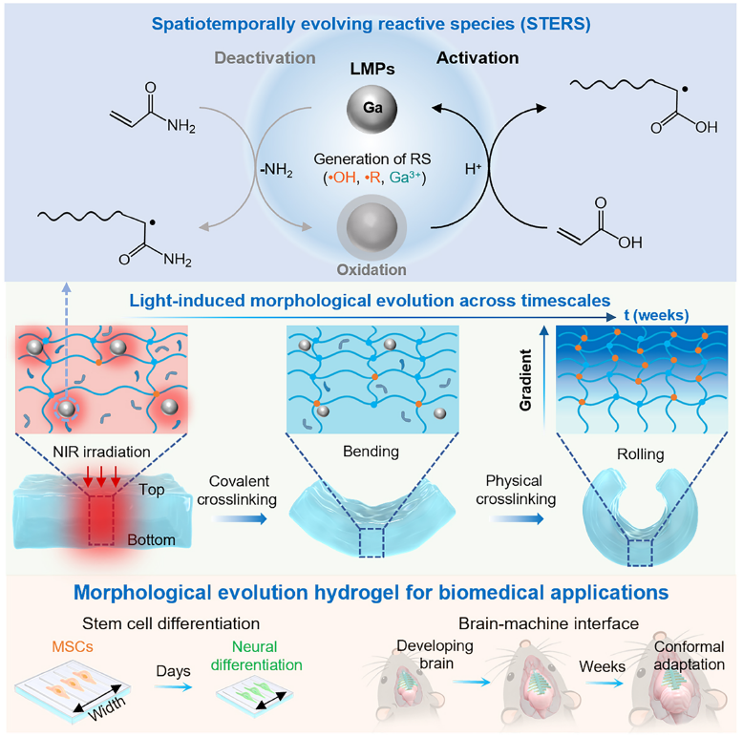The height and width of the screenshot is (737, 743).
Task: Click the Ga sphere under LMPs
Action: pyautogui.click(x=371, y=109)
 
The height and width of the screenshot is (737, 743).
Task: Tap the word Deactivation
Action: pyautogui.click(x=265, y=58)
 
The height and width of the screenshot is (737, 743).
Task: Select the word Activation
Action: pyautogui.click(x=478, y=58)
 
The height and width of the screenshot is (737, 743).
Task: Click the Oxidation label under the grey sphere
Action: pyautogui.click(x=371, y=269)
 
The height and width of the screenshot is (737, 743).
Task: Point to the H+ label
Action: pyautogui.click(x=473, y=169)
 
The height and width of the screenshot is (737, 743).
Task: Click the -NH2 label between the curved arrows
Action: pyautogui.click(x=276, y=170)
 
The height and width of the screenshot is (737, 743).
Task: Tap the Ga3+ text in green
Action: pyautogui.click(x=405, y=178)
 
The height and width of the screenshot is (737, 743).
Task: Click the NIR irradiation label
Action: pyautogui.click(x=101, y=452)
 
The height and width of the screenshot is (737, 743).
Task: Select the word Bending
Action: pyautogui.click(x=371, y=452)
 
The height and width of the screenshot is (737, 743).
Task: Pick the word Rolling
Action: pyautogui.click(x=640, y=454)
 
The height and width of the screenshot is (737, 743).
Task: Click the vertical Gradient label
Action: pyautogui.click(x=525, y=379)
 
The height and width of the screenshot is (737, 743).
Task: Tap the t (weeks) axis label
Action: pyautogui.click(x=656, y=315)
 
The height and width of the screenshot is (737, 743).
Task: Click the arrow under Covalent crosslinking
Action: pyautogui.click(x=240, y=519)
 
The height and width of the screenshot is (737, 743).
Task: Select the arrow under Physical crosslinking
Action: pyautogui.click(x=517, y=519)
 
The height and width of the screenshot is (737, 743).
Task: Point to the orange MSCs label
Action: pyautogui.click(x=73, y=646)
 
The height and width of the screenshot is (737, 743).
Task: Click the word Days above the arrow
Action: pyautogui.click(x=174, y=671)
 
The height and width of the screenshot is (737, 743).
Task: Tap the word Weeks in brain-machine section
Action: pyautogui.click(x=603, y=667)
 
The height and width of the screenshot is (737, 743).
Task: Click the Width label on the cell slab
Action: pyautogui.click(x=107, y=707)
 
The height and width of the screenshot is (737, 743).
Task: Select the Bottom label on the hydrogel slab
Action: pyautogui.click(x=151, y=540)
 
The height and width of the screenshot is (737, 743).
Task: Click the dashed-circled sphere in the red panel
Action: pyautogui.click(x=66, y=409)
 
